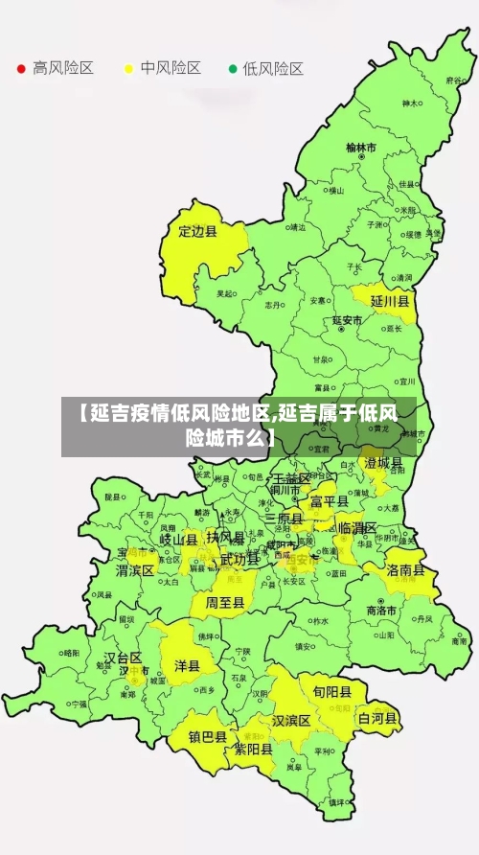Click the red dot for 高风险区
point(20,69)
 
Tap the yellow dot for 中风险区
point(127,69)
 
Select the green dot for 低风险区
point(232,69)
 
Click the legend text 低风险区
point(272,69)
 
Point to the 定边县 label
point(198,231)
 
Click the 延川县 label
point(390,301)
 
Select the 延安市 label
point(347,320)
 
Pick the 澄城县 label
point(383,463)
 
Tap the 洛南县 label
point(406,569)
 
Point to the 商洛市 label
point(382,611)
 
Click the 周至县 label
point(225,603)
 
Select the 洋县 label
point(187,665)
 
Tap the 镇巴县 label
point(207,737)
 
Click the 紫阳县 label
point(254,751)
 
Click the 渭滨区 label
point(135,570)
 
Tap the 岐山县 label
point(178,540)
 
